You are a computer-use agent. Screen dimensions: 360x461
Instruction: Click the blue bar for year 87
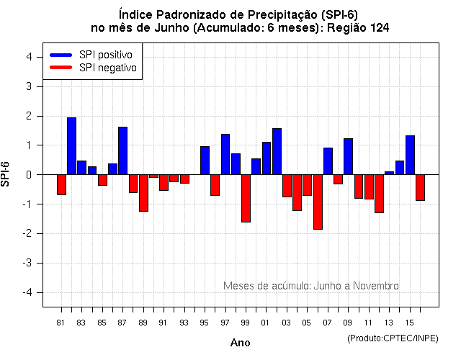coord(122,150)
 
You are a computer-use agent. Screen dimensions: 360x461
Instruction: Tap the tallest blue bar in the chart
coord(71,145)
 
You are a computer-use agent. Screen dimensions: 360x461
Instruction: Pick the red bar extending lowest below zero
coord(318,202)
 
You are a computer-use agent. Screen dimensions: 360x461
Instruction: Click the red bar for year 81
coord(61,184)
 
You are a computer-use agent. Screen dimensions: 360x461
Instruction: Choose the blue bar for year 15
coord(410,155)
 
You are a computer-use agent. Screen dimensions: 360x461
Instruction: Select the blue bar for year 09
coord(348,156)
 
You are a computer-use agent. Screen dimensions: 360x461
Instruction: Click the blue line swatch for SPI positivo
coord(61,55)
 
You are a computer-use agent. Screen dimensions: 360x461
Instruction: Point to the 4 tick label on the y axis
coord(27,57)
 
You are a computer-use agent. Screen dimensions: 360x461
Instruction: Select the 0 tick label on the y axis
coord(27,174)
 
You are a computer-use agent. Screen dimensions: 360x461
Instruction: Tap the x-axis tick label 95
coord(205,322)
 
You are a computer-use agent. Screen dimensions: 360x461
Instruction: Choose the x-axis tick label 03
coord(287,322)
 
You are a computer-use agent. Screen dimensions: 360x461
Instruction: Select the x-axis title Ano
coord(241,343)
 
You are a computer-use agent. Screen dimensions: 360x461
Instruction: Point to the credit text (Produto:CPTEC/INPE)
coord(393,338)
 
